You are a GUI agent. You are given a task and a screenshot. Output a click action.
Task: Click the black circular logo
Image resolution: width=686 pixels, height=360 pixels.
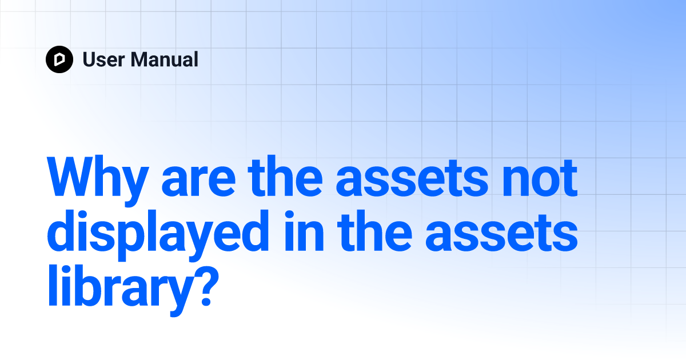[59, 59]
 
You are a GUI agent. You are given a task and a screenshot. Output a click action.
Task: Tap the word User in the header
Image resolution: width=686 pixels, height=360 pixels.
[104, 59]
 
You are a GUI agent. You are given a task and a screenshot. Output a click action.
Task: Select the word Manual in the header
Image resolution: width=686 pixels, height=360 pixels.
[165, 59]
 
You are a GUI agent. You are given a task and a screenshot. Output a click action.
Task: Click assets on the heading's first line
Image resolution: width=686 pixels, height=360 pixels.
[412, 178]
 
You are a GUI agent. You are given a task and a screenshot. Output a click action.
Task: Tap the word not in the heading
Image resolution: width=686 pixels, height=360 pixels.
[540, 178]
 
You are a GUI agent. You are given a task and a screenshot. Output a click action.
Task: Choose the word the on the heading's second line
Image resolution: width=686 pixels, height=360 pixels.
[374, 230]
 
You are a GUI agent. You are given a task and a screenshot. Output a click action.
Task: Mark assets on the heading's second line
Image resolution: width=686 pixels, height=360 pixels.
[502, 233]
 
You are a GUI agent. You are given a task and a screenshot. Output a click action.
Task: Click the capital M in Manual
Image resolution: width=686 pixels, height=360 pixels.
[140, 59]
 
